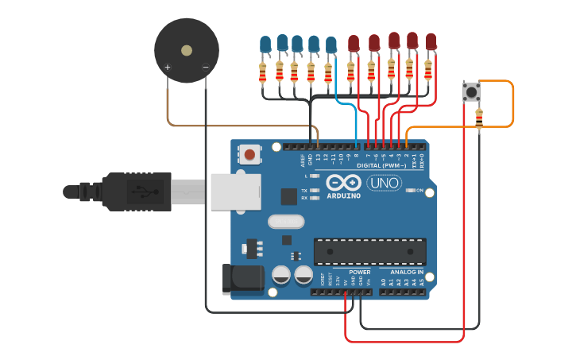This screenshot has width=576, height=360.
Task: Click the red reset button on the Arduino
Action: click(x=250, y=154)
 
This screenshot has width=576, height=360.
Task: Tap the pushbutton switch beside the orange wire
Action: click(x=471, y=92)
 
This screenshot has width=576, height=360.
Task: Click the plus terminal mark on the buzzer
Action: click(x=168, y=68)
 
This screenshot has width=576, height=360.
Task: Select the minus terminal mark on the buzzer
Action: click(x=205, y=68)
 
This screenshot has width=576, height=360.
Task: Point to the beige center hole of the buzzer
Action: click(x=187, y=50)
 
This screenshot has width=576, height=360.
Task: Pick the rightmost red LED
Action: click(x=431, y=42)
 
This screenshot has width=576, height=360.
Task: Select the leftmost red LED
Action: click(x=354, y=44)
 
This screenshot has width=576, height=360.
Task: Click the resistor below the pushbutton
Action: click(x=478, y=118)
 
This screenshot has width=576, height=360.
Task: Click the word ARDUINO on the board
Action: click(x=344, y=195)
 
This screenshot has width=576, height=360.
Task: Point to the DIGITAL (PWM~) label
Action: click(x=381, y=165)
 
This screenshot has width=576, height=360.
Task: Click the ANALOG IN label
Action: click(x=406, y=272)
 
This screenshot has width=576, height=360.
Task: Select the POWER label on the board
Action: click(x=360, y=272)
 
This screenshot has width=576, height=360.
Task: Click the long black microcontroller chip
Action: click(x=369, y=251)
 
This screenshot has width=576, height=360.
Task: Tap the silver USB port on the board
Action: click(x=235, y=192)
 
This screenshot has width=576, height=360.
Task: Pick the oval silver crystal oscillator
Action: click(x=286, y=221)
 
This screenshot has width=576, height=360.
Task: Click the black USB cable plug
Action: click(x=135, y=192)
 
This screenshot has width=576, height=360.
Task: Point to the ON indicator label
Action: click(x=419, y=191)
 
